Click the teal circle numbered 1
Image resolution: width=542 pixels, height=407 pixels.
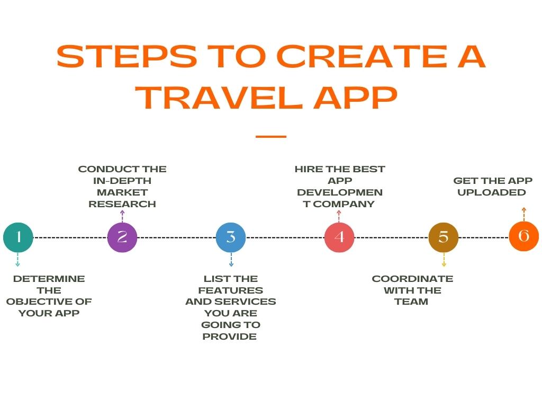[18, 237]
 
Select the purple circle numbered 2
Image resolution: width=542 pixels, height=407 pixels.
[122, 237]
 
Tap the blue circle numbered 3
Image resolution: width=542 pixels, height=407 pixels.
[231, 237]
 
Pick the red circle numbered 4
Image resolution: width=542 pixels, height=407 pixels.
[339, 237]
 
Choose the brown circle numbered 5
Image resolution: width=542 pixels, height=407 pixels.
[444, 237]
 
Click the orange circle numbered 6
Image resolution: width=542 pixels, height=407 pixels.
[523, 236]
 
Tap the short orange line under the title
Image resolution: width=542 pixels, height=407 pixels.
[271, 137]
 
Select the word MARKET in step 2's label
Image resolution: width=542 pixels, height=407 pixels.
[122, 192]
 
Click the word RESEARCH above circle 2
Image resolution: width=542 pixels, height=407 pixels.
[122, 204]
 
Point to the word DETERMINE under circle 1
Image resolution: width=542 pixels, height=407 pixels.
[49, 279]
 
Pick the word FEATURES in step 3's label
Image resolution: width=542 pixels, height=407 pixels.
[231, 290]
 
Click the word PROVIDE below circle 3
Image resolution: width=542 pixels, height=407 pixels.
[230, 337]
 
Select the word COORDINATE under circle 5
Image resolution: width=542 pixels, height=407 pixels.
[412, 279]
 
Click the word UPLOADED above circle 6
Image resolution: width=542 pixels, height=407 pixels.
[492, 192]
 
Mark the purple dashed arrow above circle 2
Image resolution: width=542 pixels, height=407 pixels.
[122, 216]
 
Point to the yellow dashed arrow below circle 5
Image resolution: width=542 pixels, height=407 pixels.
[444, 260]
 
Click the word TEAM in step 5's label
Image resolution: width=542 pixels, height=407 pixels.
[411, 302]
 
